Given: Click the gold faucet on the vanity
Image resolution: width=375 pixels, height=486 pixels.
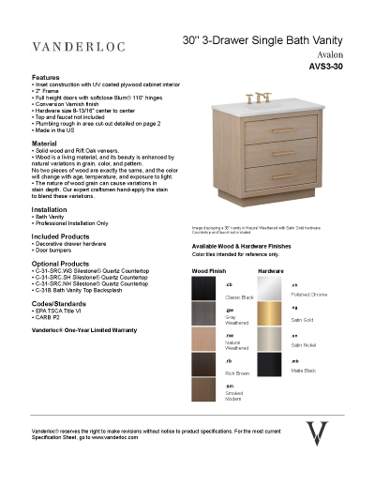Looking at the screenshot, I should (x=254, y=99).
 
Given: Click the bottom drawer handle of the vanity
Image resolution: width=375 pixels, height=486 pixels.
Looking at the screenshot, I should (x=254, y=174).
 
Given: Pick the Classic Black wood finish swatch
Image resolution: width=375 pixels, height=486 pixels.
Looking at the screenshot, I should (x=206, y=288).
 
